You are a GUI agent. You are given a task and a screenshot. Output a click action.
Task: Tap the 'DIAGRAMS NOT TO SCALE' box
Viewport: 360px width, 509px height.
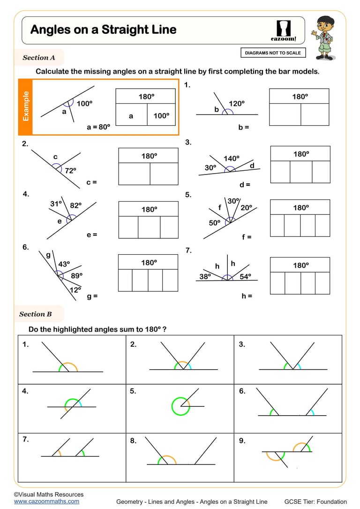click(273, 53)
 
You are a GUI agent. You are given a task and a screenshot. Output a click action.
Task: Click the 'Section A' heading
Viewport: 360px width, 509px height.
click(39, 58)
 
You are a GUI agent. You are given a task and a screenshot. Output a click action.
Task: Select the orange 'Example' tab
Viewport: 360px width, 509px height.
click(26, 106)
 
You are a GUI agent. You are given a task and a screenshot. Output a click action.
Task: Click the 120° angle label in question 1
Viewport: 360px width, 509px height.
click(236, 104)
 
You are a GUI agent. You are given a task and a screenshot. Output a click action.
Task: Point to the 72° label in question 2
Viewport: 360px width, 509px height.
click(70, 171)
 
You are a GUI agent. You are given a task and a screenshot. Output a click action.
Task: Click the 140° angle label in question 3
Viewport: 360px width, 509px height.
click(231, 159)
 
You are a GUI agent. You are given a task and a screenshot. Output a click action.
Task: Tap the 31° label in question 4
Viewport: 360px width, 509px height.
click(56, 204)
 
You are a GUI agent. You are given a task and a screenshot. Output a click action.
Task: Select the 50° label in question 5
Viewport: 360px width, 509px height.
click(215, 223)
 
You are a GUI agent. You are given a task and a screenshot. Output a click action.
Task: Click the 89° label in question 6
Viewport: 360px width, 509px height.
click(76, 276)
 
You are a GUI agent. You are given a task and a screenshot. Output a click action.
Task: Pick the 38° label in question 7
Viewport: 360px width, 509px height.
click(205, 277)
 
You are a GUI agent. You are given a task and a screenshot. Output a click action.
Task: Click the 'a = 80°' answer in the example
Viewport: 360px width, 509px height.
click(98, 127)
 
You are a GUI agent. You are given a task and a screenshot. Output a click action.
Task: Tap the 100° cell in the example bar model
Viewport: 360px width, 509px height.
click(161, 116)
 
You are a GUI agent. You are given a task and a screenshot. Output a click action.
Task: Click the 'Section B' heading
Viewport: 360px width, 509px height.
click(36, 314)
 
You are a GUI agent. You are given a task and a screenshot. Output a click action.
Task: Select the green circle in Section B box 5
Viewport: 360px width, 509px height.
click(180, 406)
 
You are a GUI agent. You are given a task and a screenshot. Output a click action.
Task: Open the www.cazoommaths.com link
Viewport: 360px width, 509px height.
click(46, 501)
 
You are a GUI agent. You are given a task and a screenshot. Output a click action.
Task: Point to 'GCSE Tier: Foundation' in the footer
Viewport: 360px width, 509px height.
click(315, 502)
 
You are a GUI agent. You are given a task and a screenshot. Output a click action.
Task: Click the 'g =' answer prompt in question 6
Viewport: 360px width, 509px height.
click(92, 296)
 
